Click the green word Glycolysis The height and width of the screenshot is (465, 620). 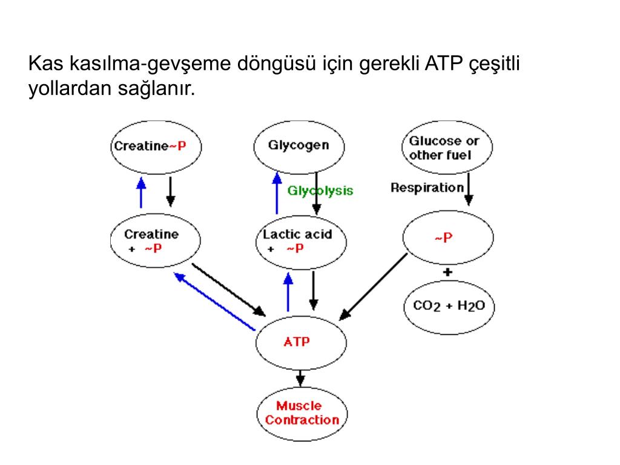320,191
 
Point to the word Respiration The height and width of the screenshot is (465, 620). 427,188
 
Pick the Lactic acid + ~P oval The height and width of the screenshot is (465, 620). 301,242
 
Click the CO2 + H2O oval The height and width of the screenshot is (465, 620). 449,306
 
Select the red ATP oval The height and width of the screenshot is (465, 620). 301,342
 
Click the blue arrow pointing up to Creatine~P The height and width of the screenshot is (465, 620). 141,192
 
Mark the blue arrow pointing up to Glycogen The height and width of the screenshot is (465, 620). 277,192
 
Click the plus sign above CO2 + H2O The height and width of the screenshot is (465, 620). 447,272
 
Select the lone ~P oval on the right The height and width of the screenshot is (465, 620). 447,238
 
